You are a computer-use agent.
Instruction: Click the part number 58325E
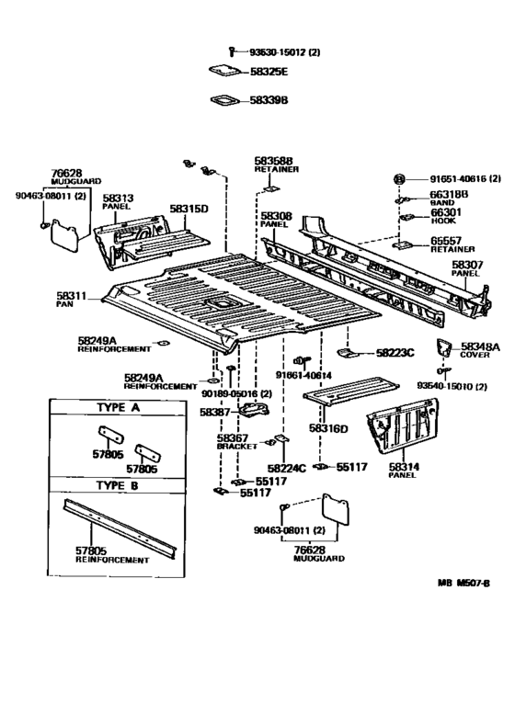(269, 71)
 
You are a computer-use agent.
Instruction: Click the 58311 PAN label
(70, 300)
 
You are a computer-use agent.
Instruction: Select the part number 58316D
(328, 427)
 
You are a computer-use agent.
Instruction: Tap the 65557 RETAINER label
(452, 244)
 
